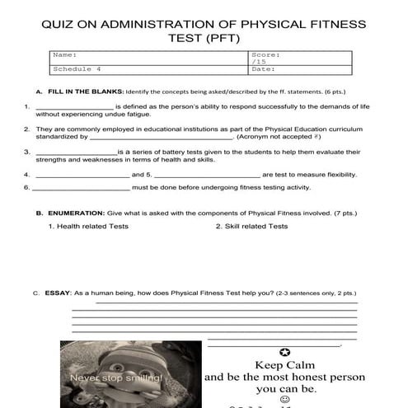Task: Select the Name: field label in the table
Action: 65,54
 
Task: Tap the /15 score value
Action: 258,62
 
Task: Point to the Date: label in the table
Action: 262,69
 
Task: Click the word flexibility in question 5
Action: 338,175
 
